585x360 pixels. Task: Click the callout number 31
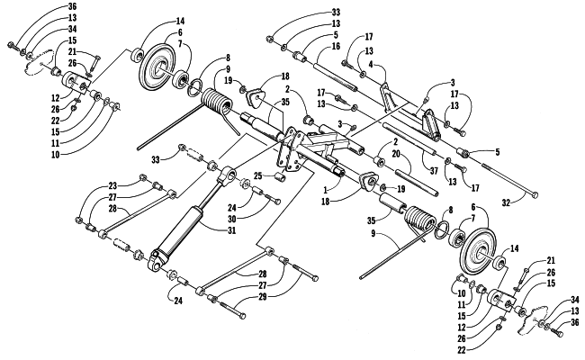[x=231, y=230]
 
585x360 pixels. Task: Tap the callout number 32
[x=506, y=202]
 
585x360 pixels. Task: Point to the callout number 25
[x=258, y=175]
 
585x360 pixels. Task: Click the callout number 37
[x=434, y=171]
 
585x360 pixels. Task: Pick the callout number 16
[x=336, y=46]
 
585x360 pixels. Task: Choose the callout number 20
[x=396, y=153]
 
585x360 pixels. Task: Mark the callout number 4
[x=371, y=64]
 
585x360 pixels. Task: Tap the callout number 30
[x=231, y=219]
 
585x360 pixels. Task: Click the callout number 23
[x=112, y=185]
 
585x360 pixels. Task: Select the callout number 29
[x=262, y=297]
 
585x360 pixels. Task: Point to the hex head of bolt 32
[x=535, y=194]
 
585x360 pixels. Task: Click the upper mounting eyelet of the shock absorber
[x=227, y=175]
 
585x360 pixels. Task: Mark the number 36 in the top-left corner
[x=72, y=6]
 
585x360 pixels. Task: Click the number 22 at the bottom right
[x=462, y=350]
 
